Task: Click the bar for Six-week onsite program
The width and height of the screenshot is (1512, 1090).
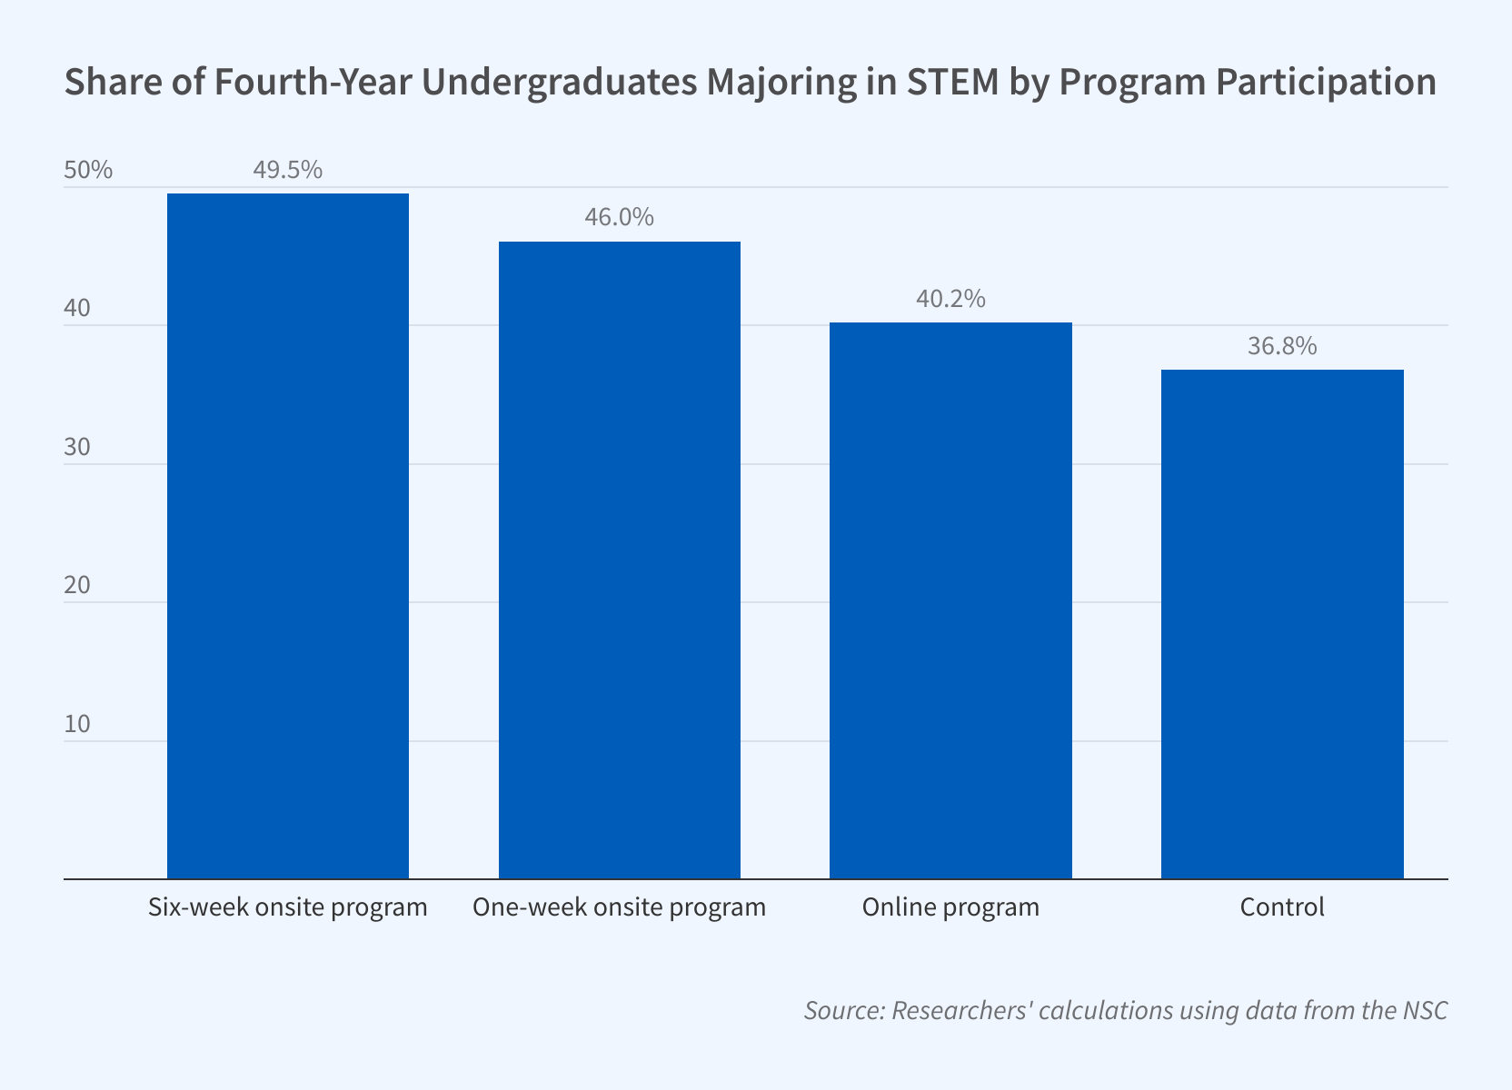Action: pyautogui.click(x=288, y=536)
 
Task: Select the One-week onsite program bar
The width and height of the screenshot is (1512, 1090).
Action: pyautogui.click(x=620, y=560)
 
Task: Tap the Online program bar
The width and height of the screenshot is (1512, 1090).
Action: pyautogui.click(x=950, y=600)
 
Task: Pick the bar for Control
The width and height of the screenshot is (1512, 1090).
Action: pyautogui.click(x=1282, y=624)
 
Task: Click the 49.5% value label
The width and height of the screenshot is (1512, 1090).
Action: pyautogui.click(x=287, y=170)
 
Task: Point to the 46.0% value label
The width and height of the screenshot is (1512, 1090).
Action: pyautogui.click(x=619, y=218)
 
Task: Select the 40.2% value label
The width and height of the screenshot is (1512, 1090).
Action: pyautogui.click(x=950, y=299)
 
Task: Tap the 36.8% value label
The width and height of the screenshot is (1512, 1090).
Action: pyautogui.click(x=1282, y=346)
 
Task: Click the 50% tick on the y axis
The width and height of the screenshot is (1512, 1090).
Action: pyautogui.click(x=88, y=170)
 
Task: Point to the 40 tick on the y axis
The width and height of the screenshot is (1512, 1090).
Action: pyautogui.click(x=77, y=309)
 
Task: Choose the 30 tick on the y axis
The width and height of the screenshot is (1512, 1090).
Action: pyautogui.click(x=77, y=447)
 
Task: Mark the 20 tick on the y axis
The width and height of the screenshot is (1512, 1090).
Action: pyautogui.click(x=77, y=585)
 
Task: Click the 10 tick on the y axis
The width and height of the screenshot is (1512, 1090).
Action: pyautogui.click(x=77, y=724)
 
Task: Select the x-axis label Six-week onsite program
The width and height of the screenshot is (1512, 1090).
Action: pyautogui.click(x=288, y=907)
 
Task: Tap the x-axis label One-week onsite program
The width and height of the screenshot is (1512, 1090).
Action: pyautogui.click(x=620, y=907)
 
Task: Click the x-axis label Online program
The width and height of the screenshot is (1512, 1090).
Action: pyautogui.click(x=950, y=907)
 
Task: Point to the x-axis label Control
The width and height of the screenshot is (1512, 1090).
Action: pyautogui.click(x=1282, y=907)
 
